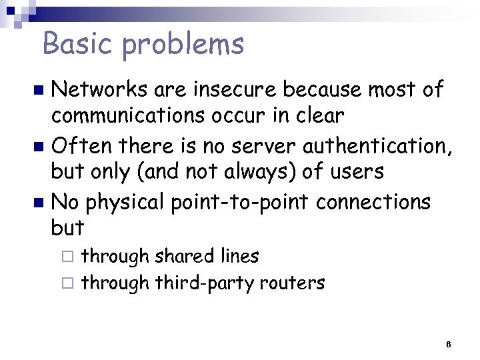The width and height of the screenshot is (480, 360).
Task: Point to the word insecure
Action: (231, 89)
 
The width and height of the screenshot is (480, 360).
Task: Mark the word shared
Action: (184, 255)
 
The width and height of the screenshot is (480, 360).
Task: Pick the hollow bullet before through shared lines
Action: (72, 256)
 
